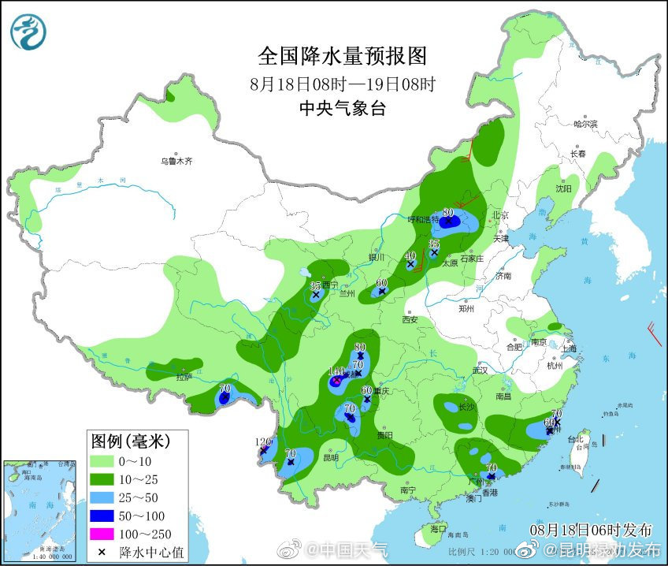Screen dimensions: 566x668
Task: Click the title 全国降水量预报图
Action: pyautogui.click(x=342, y=56)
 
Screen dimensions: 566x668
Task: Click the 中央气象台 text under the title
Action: pyautogui.click(x=342, y=108)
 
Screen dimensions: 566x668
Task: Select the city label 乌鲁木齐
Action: pyautogui.click(x=176, y=161)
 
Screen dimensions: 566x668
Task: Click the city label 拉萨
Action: pyautogui.click(x=184, y=377)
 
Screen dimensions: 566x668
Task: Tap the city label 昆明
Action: pyautogui.click(x=330, y=458)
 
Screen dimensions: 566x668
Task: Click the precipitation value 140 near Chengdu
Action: pyautogui.click(x=336, y=371)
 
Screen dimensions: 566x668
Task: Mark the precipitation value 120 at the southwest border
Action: pyautogui.click(x=264, y=441)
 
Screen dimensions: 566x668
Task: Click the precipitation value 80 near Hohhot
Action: pyautogui.click(x=448, y=212)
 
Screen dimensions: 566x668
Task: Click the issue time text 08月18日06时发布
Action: pyautogui.click(x=591, y=528)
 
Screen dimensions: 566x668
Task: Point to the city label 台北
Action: pyautogui.click(x=578, y=440)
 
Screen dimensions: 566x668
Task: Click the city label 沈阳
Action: pyautogui.click(x=562, y=189)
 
